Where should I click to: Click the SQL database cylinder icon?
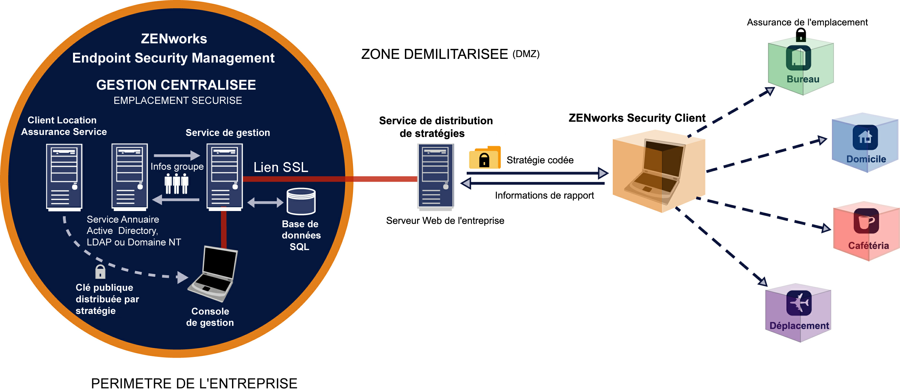[301, 201]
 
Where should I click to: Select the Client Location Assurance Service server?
[64, 178]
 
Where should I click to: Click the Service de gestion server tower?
[225, 177]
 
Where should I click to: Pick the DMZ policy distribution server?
[436, 177]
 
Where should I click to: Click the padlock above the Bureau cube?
[801, 35]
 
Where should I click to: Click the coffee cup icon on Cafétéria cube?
[866, 221]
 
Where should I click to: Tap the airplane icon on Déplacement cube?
[799, 303]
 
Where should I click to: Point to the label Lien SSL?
[281, 167]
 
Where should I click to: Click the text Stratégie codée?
[540, 160]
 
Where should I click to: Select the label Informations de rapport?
[544, 195]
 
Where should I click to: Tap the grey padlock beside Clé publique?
[100, 272]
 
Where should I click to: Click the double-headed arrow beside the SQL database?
[265, 202]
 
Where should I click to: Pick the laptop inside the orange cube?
[654, 172]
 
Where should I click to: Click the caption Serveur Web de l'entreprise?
[445, 221]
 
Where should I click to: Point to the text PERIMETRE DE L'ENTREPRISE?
[194, 383]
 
